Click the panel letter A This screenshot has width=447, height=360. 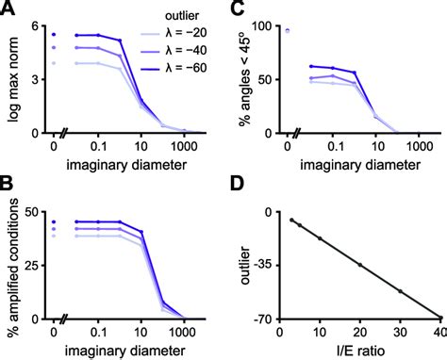(8, 8)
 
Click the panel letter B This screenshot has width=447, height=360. (8, 190)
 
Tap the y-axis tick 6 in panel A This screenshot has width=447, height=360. (37, 25)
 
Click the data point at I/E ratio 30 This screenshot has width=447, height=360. (401, 291)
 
